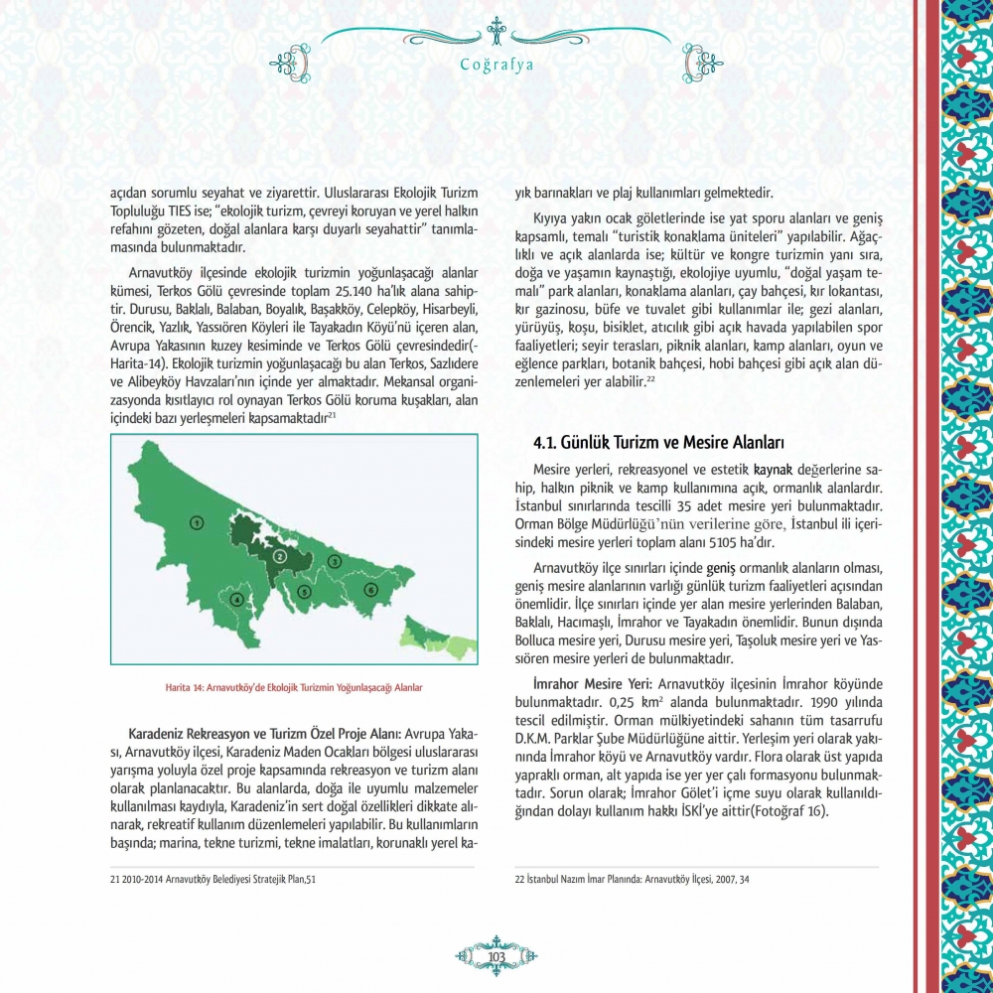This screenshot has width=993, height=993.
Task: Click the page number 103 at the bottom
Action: coord(497,955)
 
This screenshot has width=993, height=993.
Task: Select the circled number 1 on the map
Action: coord(197,522)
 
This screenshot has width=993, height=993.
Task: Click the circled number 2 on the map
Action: coord(280,556)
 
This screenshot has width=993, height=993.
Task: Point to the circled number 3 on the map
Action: coord(336,562)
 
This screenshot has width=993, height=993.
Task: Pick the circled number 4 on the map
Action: coord(236,599)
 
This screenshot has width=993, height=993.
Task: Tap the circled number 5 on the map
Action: coord(304,592)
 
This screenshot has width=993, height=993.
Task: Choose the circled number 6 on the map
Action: coord(370,590)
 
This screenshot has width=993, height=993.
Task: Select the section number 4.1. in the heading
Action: coord(545,440)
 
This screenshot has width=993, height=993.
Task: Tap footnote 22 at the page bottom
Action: coord(633,879)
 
